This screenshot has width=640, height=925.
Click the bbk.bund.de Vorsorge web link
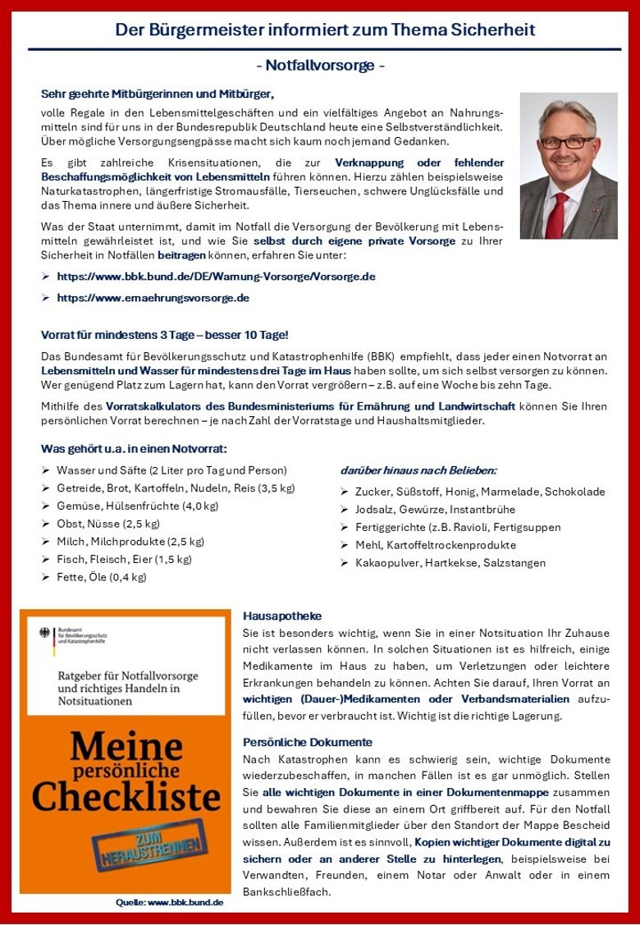[216, 277]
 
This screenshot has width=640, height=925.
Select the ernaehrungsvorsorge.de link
[153, 298]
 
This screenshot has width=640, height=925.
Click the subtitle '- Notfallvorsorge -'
[320, 66]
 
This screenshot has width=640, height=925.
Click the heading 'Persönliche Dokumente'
[307, 742]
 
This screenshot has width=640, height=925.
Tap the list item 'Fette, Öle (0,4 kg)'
[101, 577]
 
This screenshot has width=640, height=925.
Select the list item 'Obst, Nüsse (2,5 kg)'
[107, 524]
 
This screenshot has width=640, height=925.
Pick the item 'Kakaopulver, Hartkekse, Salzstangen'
[450, 563]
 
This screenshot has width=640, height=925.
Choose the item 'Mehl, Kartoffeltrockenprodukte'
[436, 545]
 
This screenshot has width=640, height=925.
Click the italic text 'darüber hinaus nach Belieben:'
[418, 470]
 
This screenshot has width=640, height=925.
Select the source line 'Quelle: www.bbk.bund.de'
[170, 903]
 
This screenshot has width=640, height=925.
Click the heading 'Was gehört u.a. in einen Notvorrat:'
[134, 448]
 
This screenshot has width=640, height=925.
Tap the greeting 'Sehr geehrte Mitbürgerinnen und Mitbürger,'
[157, 94]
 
